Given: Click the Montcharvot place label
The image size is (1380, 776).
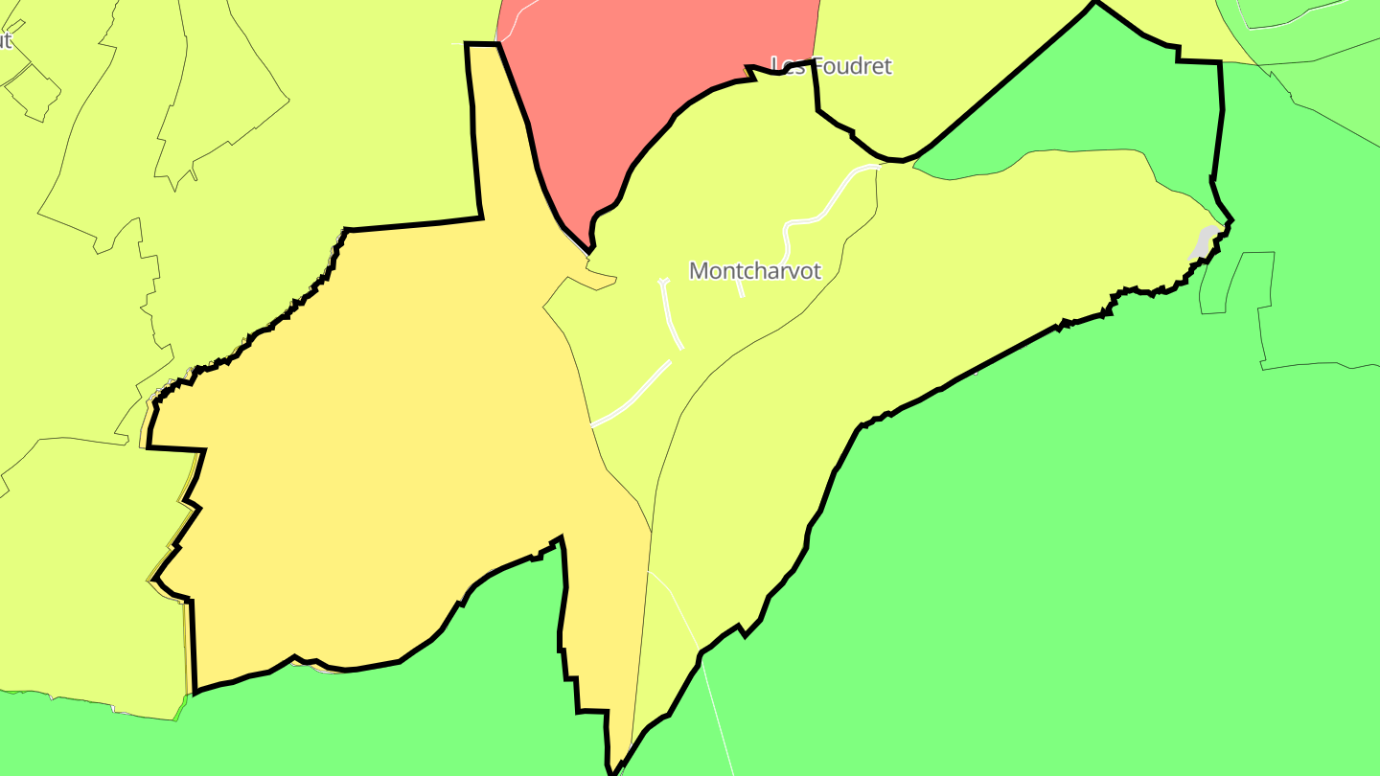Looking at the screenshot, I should (755, 271).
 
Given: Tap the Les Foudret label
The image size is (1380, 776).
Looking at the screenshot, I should (832, 66).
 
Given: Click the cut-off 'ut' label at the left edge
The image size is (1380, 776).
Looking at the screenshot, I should (5, 41).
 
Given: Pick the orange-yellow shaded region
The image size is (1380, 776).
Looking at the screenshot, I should (383, 431).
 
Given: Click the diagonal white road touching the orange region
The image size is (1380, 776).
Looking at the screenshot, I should (632, 393).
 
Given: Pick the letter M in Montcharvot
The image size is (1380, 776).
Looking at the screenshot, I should (699, 271).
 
